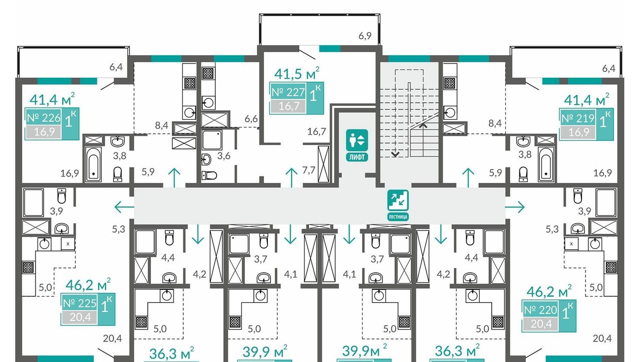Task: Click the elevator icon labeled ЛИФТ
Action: tap(357, 145)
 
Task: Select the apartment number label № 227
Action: tap(288, 92)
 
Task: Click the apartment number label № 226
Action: tap(44, 118)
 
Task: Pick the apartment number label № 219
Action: tap(578, 118)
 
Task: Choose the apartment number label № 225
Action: tap(80, 303)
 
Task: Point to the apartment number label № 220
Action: tap(540, 310)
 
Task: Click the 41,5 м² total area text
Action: tap(297, 73)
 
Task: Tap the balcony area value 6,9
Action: tap(365, 36)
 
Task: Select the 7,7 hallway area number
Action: tap(309, 170)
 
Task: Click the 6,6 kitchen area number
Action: tap(251, 118)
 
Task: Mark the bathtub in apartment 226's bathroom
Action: tap(94, 164)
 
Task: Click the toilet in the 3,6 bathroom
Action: tap(209, 175)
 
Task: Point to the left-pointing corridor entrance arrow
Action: tap(124, 207)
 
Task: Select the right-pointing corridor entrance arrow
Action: tap(515, 207)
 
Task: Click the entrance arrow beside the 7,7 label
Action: tap(291, 178)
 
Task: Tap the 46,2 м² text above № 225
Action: tap(88, 284)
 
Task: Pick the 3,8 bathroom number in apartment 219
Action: tap(525, 154)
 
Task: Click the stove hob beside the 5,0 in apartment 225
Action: tap(29, 268)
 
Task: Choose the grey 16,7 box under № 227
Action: tap(288, 106)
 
